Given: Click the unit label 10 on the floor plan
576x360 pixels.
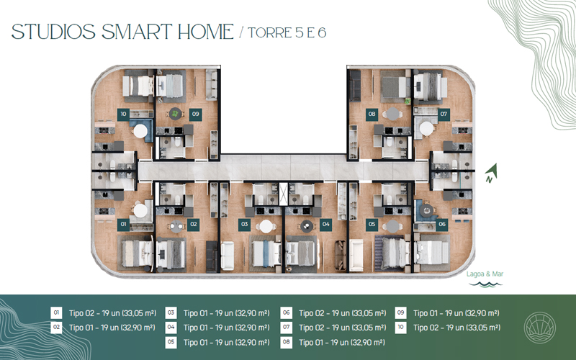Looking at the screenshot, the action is [123, 114].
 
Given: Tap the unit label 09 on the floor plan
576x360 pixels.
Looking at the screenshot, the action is [195, 114].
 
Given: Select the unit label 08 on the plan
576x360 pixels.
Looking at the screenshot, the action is [372, 114].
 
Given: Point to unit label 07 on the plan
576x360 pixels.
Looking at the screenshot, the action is [444, 114].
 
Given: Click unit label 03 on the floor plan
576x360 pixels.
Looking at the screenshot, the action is [244, 225].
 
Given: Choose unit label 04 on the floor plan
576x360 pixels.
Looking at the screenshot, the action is [326, 225].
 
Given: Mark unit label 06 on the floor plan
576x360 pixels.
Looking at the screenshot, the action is [442, 225].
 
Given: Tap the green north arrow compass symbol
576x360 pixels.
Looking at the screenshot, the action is [491, 173].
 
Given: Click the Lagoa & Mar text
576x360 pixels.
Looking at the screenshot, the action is [485, 274].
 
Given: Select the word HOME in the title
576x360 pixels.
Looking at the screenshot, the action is [206, 32].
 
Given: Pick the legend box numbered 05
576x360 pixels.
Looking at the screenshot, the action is [171, 343].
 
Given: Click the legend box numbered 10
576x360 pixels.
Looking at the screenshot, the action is [401, 328].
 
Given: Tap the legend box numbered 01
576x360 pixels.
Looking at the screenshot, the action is [56, 313].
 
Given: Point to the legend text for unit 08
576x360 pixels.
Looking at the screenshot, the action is [342, 343].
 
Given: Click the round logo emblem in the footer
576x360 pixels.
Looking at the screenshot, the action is [539, 328].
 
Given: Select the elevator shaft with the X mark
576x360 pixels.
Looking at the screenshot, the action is [283, 194].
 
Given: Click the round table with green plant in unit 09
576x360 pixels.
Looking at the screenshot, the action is [175, 114].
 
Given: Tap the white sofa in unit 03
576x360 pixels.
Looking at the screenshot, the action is [228, 256].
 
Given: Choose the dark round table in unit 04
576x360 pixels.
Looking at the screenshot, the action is [307, 227].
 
